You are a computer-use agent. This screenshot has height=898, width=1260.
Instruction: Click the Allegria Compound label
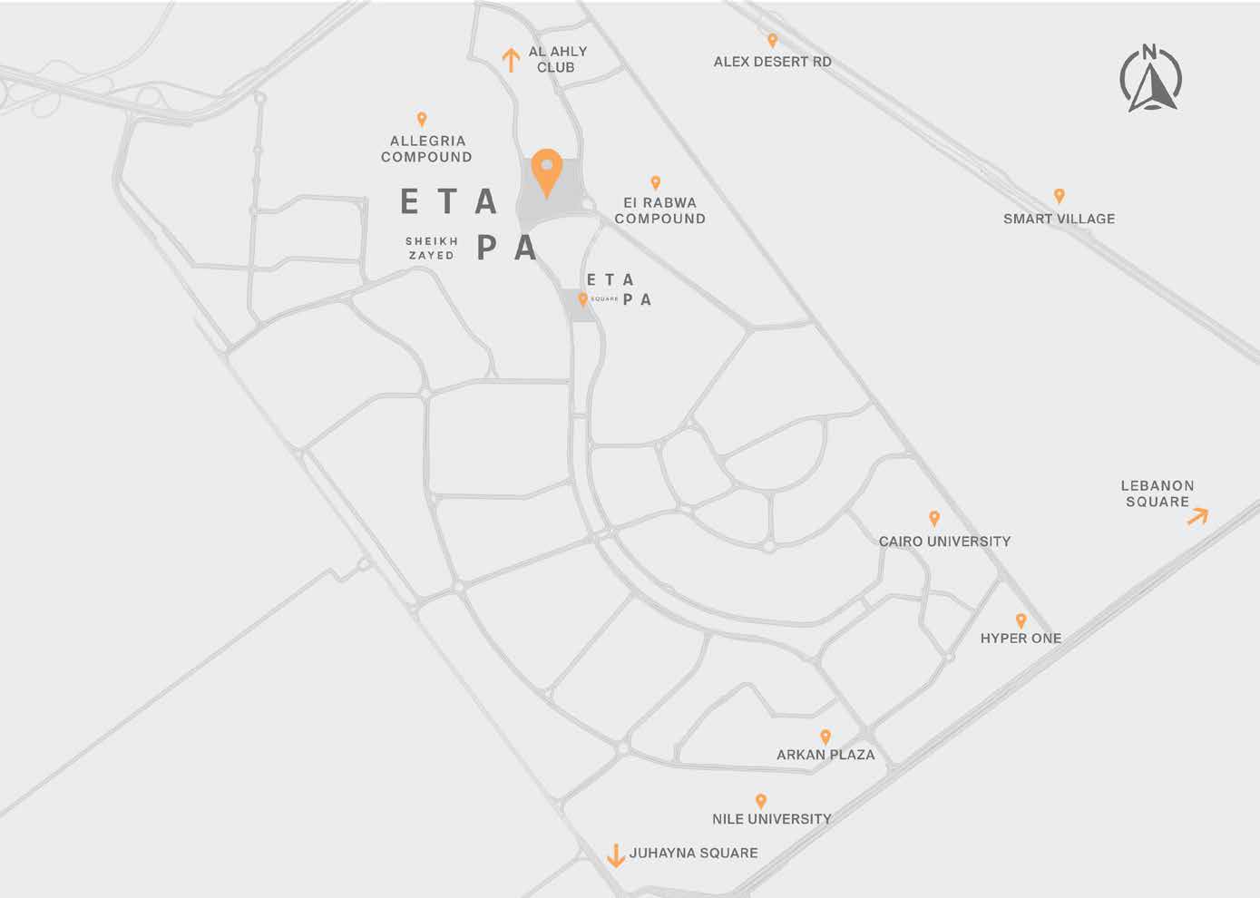[426, 149]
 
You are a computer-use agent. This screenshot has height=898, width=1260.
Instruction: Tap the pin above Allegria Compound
[422, 119]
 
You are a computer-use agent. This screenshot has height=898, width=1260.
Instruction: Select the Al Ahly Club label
[557, 59]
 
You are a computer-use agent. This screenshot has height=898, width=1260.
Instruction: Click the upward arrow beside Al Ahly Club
[511, 60]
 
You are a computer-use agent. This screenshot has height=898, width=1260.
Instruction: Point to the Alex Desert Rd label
[772, 62]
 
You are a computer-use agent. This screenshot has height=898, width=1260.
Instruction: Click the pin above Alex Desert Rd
[773, 41]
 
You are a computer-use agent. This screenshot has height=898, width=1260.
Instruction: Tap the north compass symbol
[1151, 80]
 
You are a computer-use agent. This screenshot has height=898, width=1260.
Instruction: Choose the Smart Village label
[1059, 219]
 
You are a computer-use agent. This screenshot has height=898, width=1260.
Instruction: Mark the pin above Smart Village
[1059, 196]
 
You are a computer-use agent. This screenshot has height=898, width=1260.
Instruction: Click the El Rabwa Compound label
[659, 210]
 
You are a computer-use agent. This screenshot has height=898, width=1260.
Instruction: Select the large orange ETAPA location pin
[546, 171]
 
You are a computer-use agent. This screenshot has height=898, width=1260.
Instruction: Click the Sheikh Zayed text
[432, 249]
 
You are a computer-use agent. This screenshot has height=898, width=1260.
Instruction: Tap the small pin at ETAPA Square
[582, 299]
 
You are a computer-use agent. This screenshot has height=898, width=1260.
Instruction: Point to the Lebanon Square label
[1157, 493]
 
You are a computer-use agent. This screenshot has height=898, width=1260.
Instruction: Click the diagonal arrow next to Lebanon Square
[1197, 516]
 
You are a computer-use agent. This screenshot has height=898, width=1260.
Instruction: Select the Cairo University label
[944, 542]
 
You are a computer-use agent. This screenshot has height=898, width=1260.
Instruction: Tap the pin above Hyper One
[1021, 621]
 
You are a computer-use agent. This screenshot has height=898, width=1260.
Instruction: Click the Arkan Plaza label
[825, 755]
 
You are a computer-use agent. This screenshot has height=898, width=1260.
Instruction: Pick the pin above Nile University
[761, 801]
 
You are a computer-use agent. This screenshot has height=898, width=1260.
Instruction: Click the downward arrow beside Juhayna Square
[615, 854]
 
